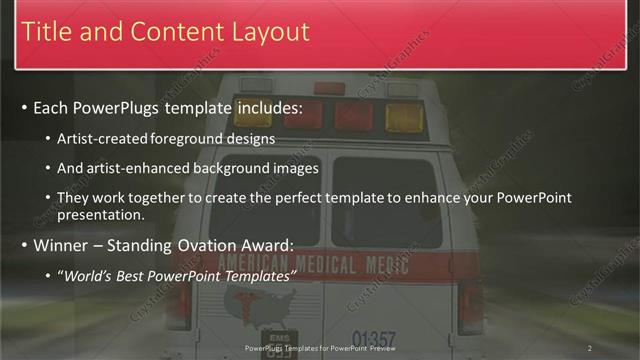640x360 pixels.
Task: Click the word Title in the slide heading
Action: pos(45,32)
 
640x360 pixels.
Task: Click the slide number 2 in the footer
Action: pos(590,348)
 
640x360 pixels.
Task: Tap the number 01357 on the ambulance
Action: pos(374,339)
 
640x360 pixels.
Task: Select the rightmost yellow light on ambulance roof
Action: pos(404,118)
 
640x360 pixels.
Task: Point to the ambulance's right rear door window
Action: pos(386,200)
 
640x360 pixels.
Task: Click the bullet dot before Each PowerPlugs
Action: pos(24,107)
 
